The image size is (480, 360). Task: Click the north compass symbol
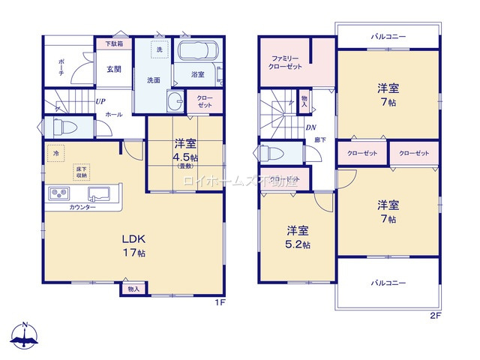pyautogui.click(x=26, y=335)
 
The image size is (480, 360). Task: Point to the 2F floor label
pyautogui.click(x=434, y=316)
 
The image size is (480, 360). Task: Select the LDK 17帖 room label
pyautogui.click(x=134, y=245)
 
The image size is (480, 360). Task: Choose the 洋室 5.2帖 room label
pyautogui.click(x=298, y=238)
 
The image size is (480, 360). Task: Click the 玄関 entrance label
pyautogui.click(x=113, y=70)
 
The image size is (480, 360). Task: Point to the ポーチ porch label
pyautogui.click(x=60, y=67)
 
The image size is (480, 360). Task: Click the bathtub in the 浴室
pyautogui.click(x=197, y=53)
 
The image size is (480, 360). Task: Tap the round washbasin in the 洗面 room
pyautogui.click(x=175, y=103)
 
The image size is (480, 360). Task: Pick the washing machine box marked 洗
pyautogui.click(x=159, y=49)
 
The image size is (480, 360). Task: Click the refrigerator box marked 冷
pyautogui.click(x=55, y=153)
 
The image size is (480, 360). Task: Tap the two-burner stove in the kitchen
pyautogui.click(x=59, y=194)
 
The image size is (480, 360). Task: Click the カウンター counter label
pyautogui.click(x=82, y=208)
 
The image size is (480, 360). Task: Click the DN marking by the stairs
pyautogui.click(x=310, y=127)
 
